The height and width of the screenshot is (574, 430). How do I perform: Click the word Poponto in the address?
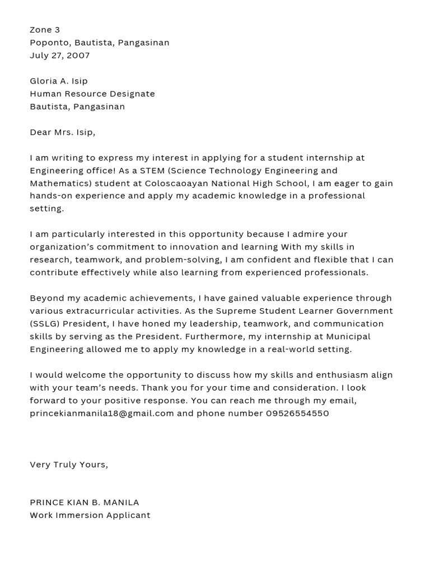click(x=46, y=43)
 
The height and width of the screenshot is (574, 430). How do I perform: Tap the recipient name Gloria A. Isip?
click(x=59, y=81)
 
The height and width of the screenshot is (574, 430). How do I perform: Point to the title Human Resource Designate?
click(x=92, y=94)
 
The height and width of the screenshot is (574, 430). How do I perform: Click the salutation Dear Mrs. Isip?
click(x=63, y=132)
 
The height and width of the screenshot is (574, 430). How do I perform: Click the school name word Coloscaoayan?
click(x=175, y=183)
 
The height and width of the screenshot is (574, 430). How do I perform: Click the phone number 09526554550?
click(x=297, y=414)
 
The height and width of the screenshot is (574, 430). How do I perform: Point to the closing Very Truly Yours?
click(x=69, y=465)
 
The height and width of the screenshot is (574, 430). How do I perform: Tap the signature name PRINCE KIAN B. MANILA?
click(x=85, y=503)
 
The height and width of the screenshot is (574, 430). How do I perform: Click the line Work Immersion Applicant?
click(x=90, y=516)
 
